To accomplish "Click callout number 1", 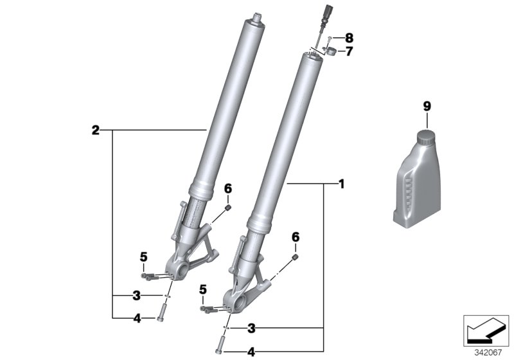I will point(342,184).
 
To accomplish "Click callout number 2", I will point(95,130).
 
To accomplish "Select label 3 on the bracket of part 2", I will point(136,296).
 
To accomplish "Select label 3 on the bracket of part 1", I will point(252,328).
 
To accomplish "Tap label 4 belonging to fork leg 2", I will point(136,317).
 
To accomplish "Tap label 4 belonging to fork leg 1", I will point(252,352).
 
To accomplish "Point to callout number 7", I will point(349,51).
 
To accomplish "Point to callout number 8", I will point(349,38).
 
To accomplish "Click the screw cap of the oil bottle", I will point(425,138).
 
